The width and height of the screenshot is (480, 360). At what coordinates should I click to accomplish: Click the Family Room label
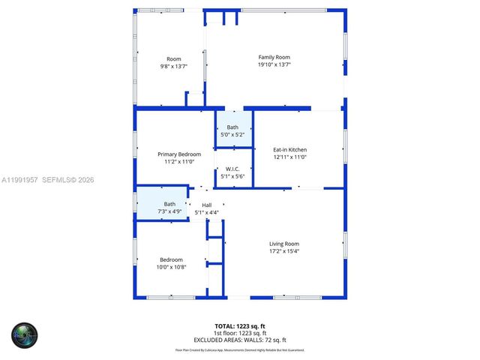(274, 57)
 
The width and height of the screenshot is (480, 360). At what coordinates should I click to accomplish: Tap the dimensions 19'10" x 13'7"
(274, 65)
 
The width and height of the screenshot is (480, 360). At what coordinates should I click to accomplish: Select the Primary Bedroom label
(179, 154)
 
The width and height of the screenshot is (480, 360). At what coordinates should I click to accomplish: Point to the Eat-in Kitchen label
(289, 150)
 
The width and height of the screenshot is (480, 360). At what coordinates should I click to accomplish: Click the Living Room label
(284, 244)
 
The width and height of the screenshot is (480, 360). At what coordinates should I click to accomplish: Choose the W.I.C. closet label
(232, 169)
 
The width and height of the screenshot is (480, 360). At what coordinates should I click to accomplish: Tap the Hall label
(207, 205)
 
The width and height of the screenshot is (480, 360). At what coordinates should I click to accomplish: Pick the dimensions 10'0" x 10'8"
(171, 267)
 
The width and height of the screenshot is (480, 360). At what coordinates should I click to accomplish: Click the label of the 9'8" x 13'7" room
(174, 58)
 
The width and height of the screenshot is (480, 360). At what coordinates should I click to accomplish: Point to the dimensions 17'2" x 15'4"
(284, 252)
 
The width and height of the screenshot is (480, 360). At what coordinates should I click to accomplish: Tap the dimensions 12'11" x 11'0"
(289, 158)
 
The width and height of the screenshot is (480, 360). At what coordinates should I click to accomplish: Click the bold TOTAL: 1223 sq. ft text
(240, 325)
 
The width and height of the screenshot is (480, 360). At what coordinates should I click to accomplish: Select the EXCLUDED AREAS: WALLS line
(240, 340)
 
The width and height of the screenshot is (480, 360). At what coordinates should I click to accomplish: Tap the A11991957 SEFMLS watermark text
(47, 180)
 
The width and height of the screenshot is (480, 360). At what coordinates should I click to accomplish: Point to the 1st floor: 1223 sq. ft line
(240, 333)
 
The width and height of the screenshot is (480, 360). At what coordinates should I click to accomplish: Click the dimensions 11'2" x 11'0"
(179, 161)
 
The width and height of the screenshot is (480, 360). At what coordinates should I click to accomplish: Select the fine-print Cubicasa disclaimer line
(240, 349)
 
